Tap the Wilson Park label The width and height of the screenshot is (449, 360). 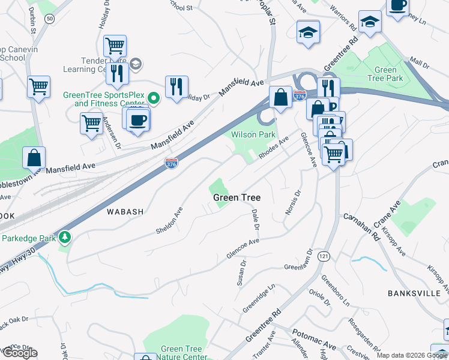[x=253, y=135]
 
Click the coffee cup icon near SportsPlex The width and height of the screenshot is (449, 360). [x=137, y=119]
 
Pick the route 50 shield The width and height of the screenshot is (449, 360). [x=49, y=19]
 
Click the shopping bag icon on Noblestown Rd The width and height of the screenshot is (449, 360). [x=34, y=158]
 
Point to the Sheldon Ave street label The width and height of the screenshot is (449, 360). [x=170, y=221]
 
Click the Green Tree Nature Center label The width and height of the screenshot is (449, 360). [x=181, y=353]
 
